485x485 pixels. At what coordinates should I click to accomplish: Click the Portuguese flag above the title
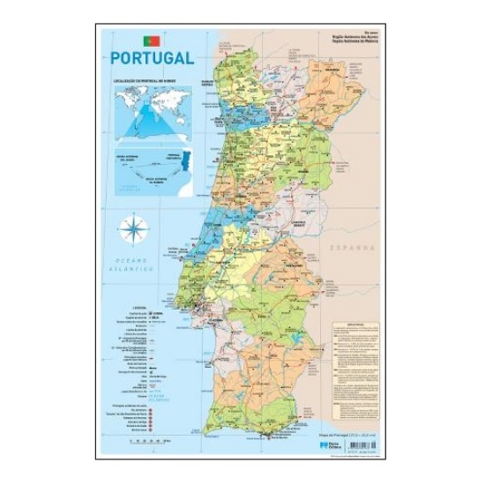[151, 41]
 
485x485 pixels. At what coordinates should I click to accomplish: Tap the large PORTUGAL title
[153, 58]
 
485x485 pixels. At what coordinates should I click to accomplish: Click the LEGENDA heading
[142, 308]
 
